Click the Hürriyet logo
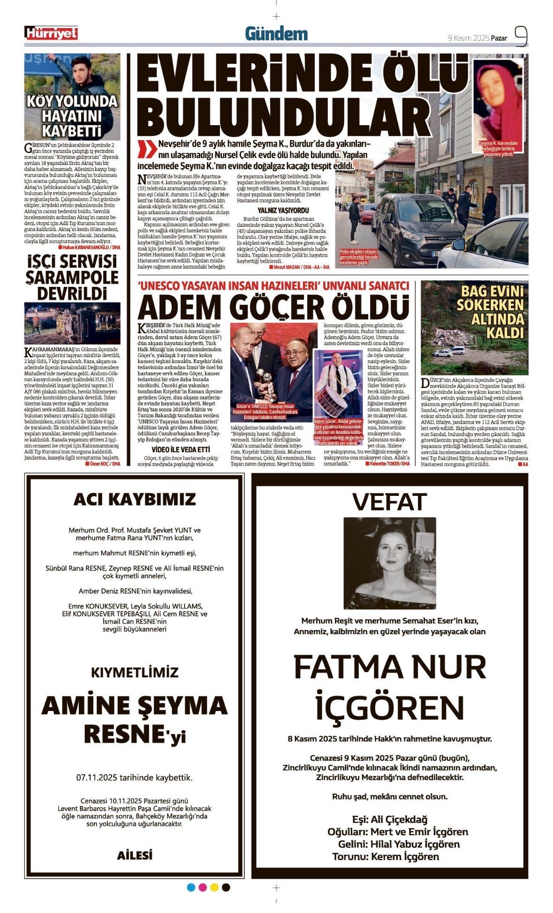51,33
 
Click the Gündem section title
276,34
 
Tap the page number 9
521,36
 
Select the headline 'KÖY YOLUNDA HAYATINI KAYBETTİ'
72,115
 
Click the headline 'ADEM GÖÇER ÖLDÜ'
273,308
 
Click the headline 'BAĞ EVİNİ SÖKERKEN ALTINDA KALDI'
490,312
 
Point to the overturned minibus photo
72,323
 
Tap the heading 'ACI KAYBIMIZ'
135,499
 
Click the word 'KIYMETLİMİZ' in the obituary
135,672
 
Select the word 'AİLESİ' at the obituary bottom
135,855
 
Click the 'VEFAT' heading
389,502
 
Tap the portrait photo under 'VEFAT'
389,563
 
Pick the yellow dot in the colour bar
214,887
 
